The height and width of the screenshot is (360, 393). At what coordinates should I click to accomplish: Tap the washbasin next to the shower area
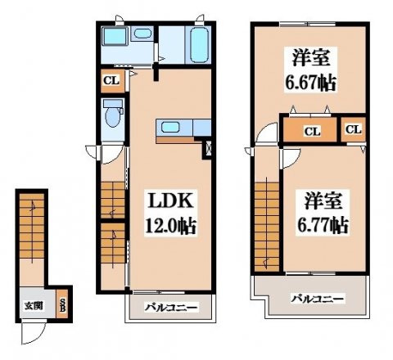(x=142, y=34)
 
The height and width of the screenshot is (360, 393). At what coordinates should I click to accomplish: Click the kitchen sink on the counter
(x=170, y=127)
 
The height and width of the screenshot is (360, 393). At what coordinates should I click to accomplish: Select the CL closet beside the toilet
(x=111, y=80)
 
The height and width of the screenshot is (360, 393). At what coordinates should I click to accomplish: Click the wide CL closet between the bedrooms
(x=311, y=130)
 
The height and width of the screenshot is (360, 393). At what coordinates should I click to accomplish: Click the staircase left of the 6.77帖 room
(x=264, y=221)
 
